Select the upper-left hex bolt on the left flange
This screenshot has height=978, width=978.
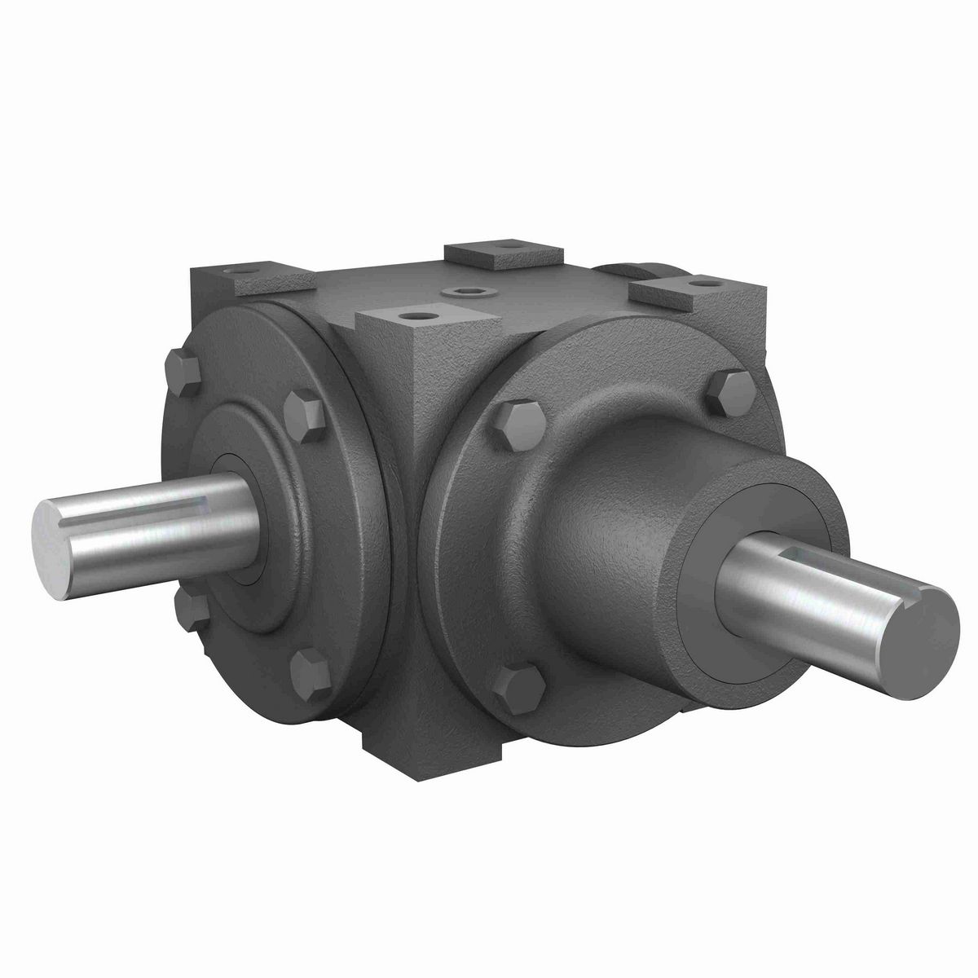(x=183, y=371)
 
